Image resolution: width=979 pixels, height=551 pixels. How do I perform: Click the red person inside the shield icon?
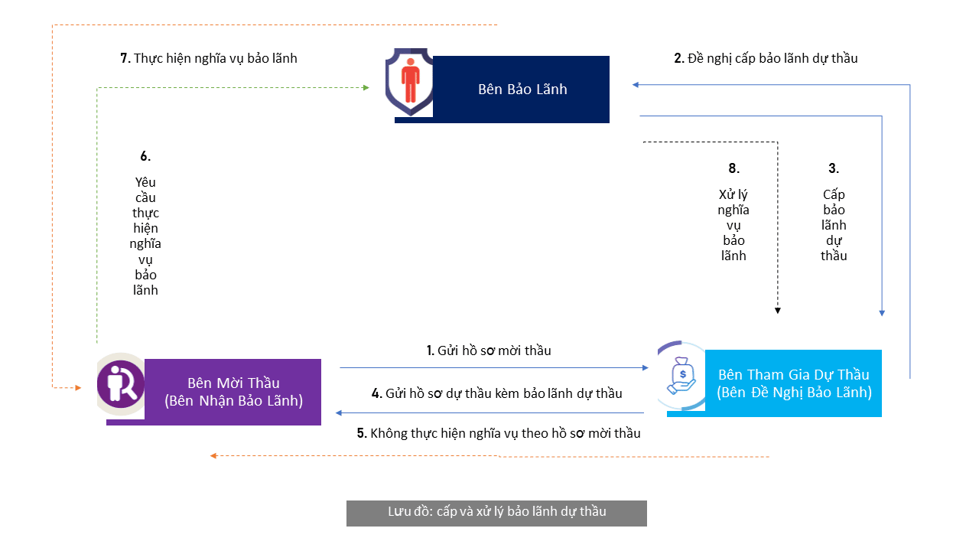point(411,80)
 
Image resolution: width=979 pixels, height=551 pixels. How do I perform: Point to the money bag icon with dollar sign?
point(681,376)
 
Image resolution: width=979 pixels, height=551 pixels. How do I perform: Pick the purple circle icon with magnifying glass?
point(121,384)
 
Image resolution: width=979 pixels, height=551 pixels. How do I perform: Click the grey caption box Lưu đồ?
point(496,514)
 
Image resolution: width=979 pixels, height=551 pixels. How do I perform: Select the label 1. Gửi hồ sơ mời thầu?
point(489,350)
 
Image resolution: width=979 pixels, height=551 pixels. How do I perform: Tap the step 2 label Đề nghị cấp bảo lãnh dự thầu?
point(766,59)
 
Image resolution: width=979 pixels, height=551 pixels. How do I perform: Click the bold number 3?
point(834,168)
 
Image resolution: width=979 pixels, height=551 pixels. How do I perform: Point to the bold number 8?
point(733,168)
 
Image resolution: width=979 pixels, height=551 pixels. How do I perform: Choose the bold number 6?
point(145,156)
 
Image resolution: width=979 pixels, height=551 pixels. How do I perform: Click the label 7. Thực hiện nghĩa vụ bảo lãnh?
point(209,59)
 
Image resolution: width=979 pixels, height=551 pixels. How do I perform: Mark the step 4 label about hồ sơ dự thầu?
point(497,393)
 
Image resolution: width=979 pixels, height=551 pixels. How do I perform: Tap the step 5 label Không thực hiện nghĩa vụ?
point(499,433)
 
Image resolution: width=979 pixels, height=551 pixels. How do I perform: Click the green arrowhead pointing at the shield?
point(366,88)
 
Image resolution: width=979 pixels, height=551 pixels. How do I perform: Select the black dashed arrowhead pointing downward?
point(778,311)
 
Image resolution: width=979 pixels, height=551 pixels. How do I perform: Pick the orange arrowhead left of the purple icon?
point(78,388)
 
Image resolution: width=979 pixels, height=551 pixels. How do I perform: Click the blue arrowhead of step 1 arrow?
point(645,368)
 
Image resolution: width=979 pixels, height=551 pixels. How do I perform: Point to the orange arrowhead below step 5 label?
point(213,455)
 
